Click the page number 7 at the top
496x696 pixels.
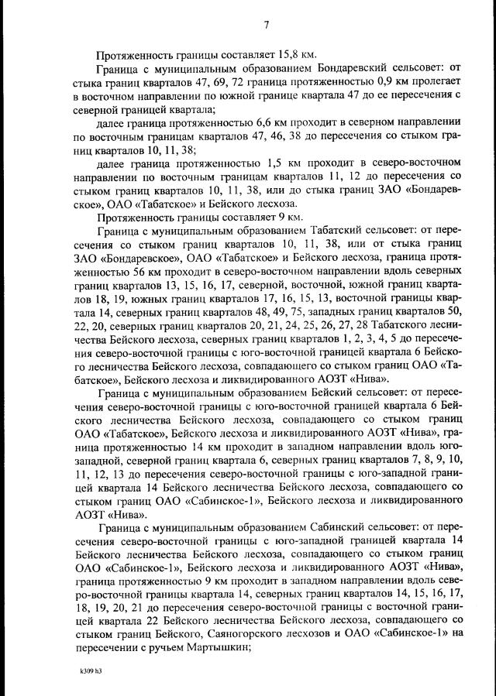point(265,25)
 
